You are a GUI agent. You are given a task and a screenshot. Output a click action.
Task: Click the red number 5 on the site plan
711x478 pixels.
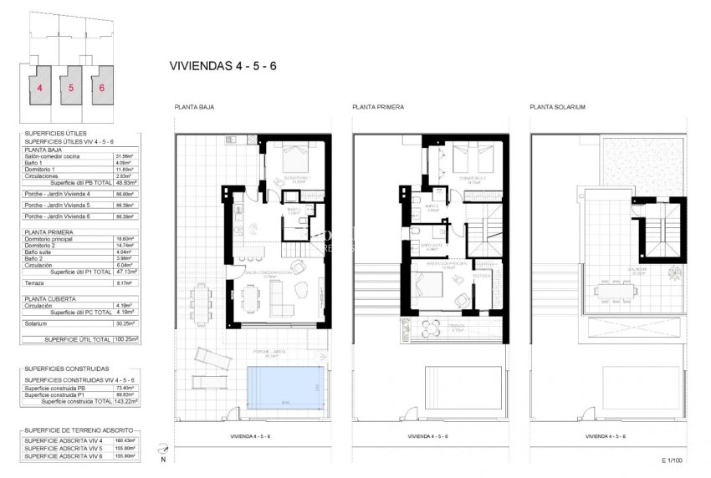[71, 87]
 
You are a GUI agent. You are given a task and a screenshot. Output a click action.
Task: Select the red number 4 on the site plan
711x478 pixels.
[39, 87]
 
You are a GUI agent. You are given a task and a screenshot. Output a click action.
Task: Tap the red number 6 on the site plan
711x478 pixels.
[102, 87]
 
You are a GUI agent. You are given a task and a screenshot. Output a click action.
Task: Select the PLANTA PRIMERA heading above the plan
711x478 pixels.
[378, 108]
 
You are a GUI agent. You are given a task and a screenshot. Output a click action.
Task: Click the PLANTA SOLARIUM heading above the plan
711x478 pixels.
[557, 108]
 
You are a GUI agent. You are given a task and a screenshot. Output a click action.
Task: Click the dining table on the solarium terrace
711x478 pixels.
[617, 292]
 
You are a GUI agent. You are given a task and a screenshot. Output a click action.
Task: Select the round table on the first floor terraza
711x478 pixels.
[432, 325]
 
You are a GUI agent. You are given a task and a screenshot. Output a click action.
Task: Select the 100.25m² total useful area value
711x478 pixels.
[127, 339]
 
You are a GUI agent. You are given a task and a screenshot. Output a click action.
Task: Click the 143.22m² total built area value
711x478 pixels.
[127, 402]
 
